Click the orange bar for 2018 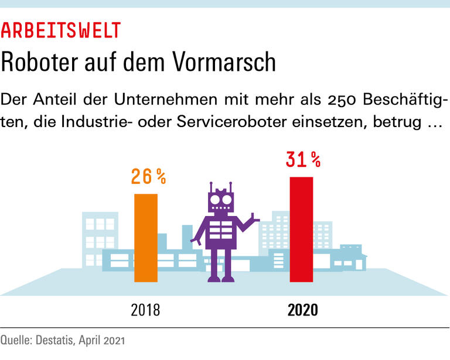(x=146, y=238)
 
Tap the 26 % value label (x=148, y=176)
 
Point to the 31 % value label (x=303, y=159)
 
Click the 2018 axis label (x=145, y=310)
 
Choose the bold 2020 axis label (x=303, y=310)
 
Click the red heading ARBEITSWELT (x=61, y=29)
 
